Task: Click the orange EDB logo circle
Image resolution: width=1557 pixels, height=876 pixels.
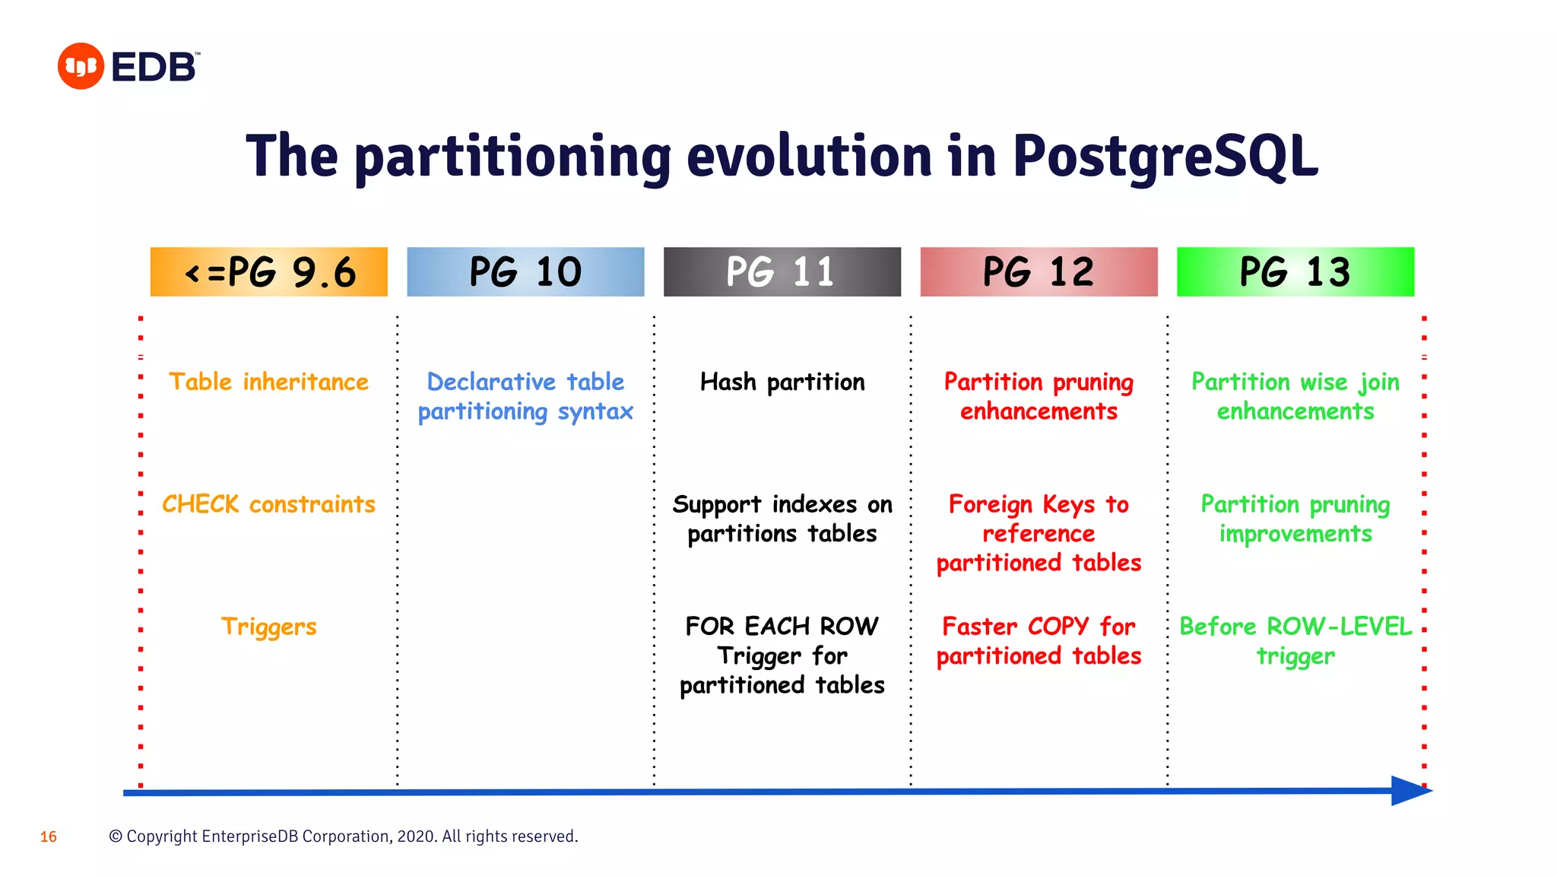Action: coord(81,66)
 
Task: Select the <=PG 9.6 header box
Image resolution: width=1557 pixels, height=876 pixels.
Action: coord(268,271)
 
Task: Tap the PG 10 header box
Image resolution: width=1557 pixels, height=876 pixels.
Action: coord(525,271)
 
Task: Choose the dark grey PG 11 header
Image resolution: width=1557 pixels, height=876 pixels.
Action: coord(782,271)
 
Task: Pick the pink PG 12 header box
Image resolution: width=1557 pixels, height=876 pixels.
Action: coord(1039,271)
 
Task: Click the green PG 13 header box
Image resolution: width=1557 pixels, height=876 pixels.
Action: coord(1295,271)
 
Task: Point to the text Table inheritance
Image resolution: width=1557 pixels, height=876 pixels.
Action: coord(268,382)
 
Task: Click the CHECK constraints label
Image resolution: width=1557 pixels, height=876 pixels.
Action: coord(268,504)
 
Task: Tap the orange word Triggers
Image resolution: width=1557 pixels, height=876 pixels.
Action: coord(268,627)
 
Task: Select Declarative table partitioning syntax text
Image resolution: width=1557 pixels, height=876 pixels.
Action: coord(525,396)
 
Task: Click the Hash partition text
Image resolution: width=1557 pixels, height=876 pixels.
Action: coord(782,382)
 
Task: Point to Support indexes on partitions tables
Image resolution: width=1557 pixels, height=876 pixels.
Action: coord(782,519)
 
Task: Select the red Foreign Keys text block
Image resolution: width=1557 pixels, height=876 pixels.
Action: coord(1039,533)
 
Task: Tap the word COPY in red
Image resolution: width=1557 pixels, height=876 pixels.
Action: coord(1058,627)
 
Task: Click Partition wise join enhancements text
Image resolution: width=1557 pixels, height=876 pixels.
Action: coord(1295,396)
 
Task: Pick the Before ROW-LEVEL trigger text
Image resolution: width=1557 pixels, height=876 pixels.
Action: coord(1295,641)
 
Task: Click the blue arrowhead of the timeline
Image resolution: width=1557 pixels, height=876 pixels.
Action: coord(1410,791)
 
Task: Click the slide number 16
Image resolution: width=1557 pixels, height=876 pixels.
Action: coord(49,837)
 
